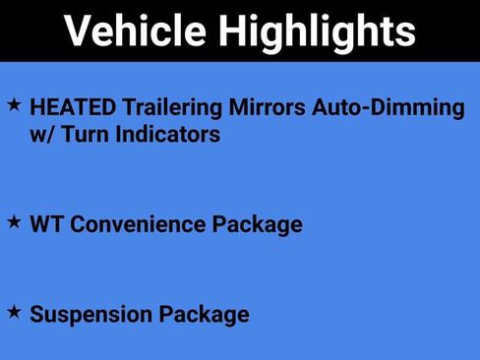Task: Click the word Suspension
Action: [90, 315]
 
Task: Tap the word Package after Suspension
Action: [204, 316]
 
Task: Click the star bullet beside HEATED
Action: [14, 103]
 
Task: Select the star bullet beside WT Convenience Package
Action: [14, 221]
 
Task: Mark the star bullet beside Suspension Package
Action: [14, 312]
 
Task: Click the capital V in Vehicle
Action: [79, 31]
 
